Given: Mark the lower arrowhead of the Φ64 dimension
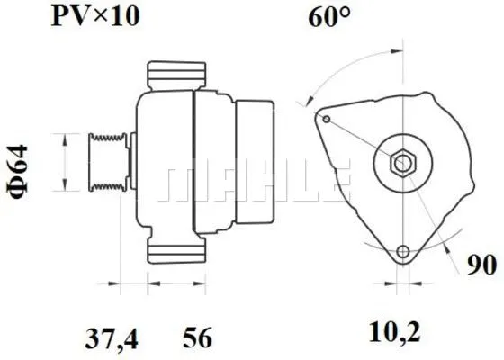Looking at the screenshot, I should [64, 190].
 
